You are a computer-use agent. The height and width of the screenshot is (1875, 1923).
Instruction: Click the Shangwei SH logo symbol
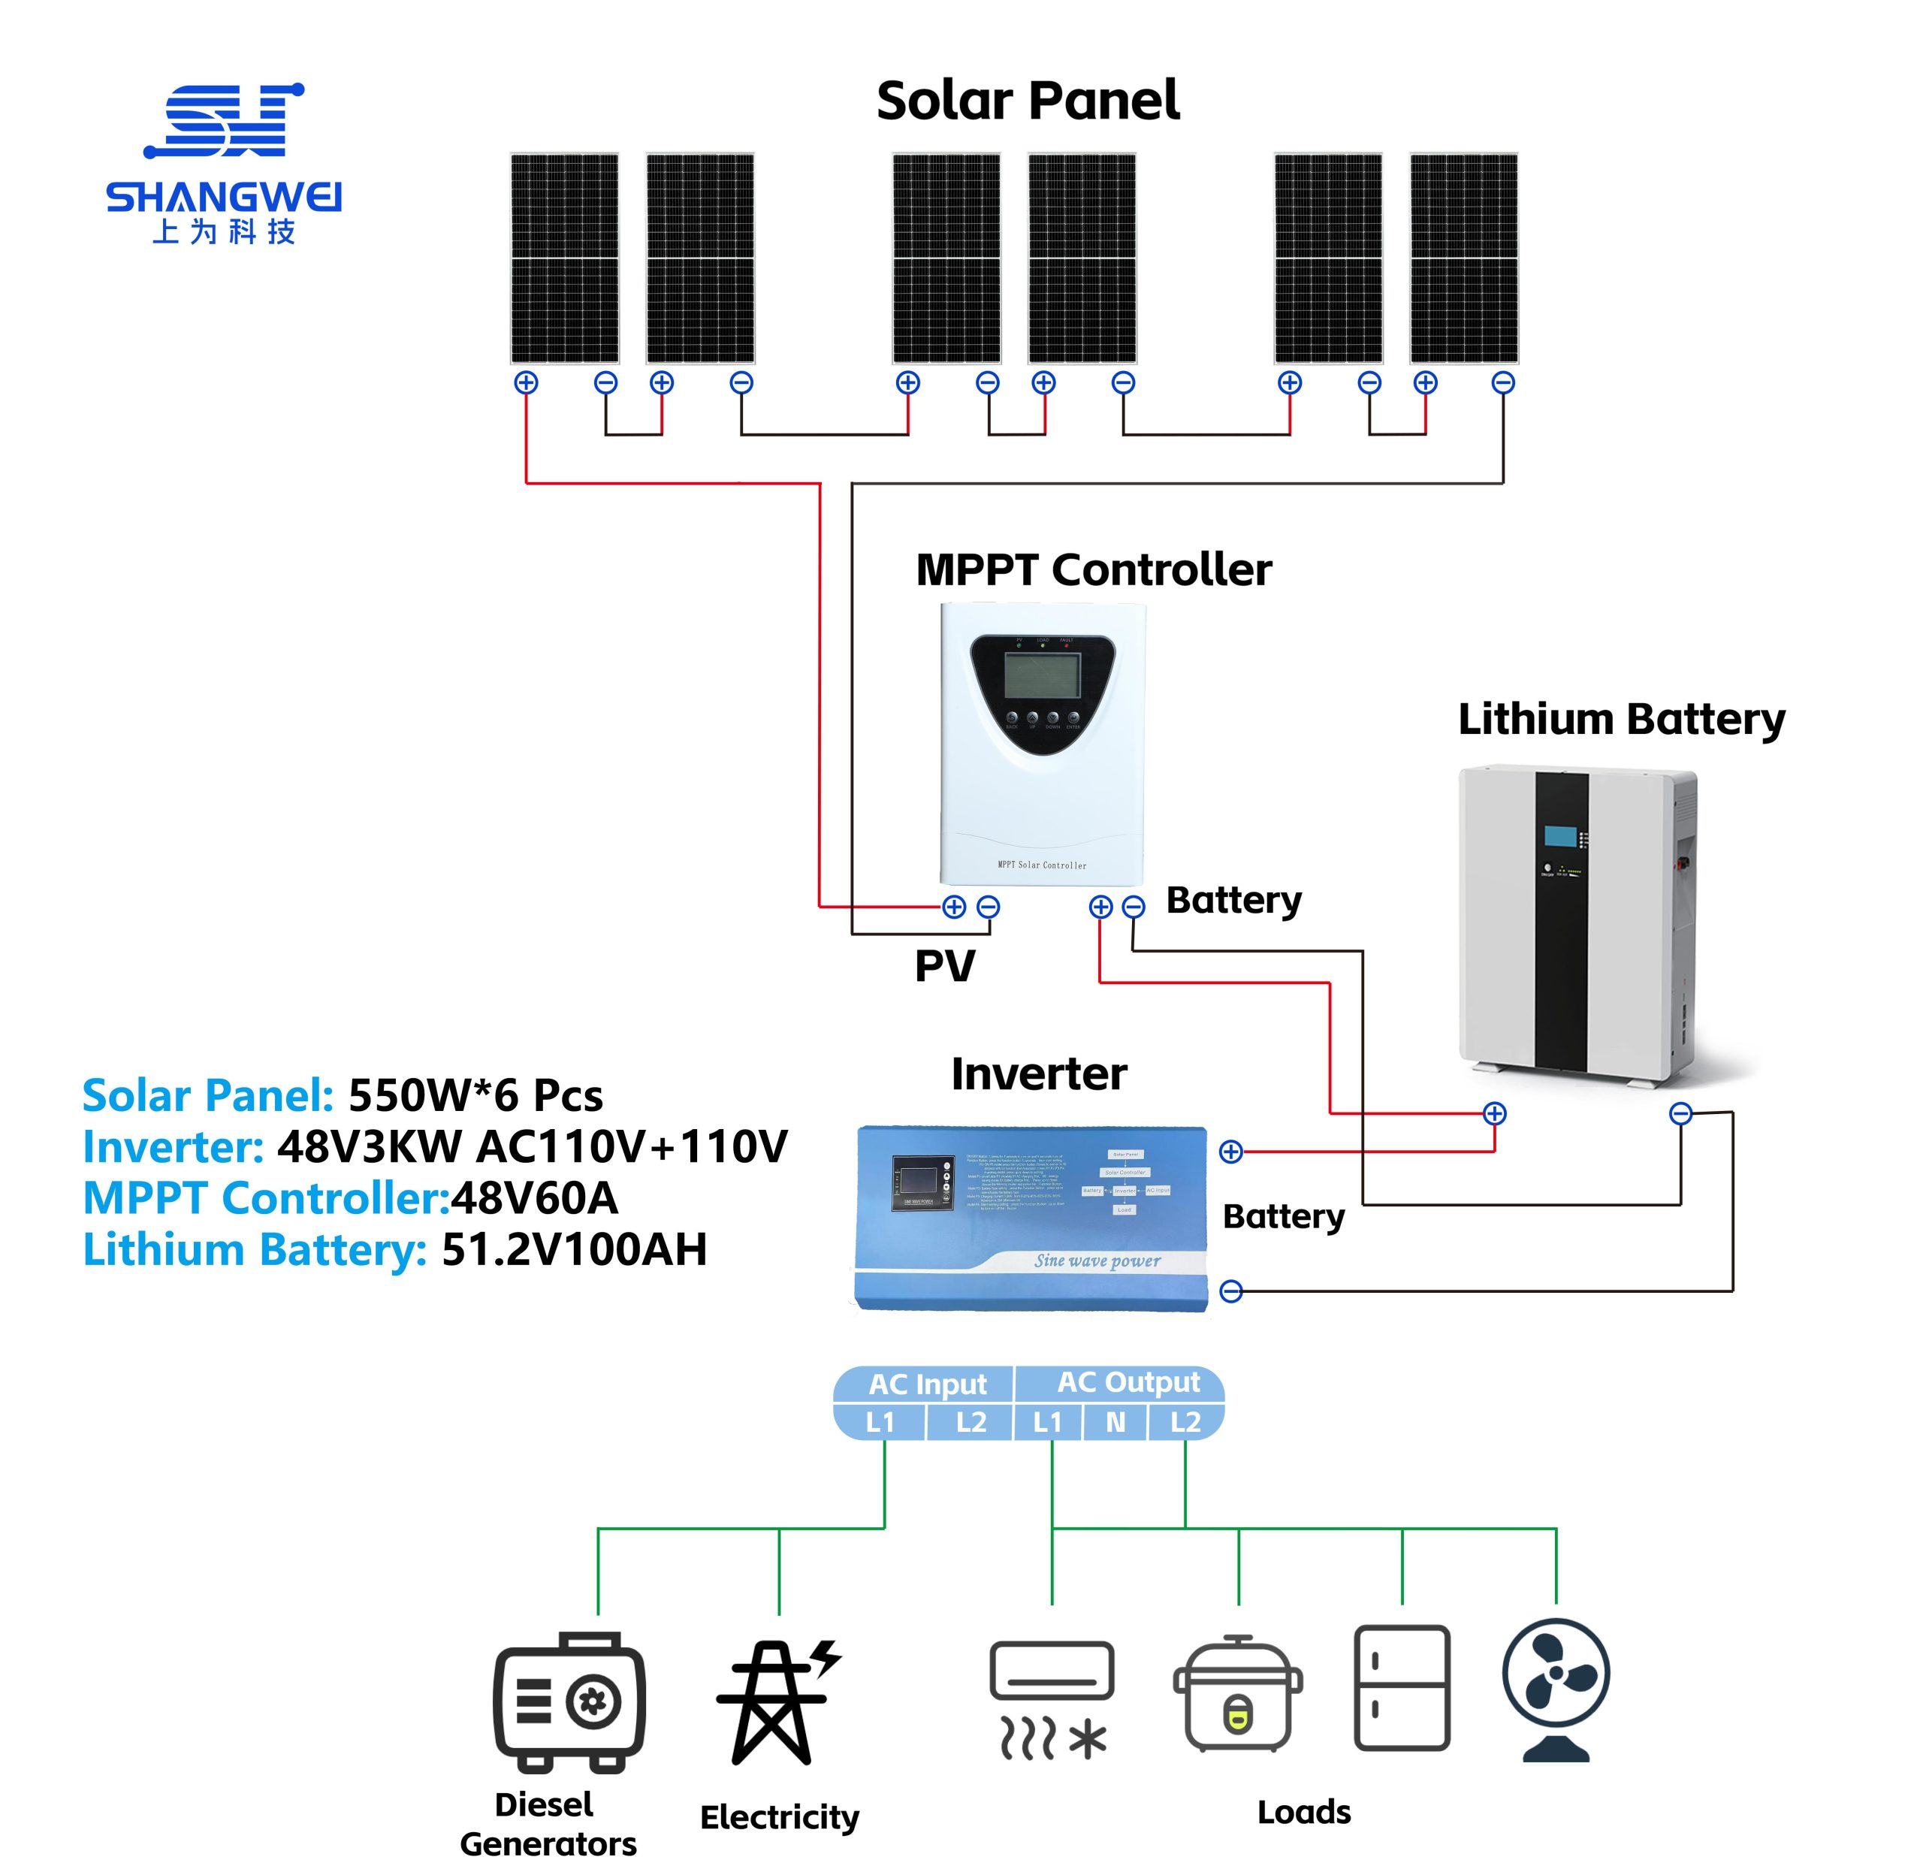tap(225, 120)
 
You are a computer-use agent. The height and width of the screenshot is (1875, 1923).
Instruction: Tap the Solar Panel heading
tap(1027, 101)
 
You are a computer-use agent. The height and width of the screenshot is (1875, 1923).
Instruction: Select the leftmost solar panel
tap(564, 258)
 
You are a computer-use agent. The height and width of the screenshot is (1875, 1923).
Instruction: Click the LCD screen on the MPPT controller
tap(1042, 675)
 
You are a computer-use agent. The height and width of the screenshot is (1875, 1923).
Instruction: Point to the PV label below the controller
tap(944, 966)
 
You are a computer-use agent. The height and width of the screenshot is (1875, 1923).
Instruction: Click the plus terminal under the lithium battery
tap(1495, 1114)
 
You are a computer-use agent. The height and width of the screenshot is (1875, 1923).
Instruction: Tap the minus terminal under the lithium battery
tap(1681, 1114)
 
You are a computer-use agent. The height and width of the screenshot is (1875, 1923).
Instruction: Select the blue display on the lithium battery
tap(1559, 837)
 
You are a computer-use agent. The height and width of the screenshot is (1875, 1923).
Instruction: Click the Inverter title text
tap(1039, 1074)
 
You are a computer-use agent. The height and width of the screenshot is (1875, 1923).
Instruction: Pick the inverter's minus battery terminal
tap(1231, 1291)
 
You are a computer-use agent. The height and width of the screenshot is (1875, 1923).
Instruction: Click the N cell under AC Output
tap(1115, 1422)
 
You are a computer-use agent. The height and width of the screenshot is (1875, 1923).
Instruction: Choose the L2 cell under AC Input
tap(971, 1422)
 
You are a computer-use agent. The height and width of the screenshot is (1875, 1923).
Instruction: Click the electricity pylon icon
tap(778, 1701)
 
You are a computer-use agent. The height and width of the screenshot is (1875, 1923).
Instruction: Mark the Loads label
tap(1304, 1812)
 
